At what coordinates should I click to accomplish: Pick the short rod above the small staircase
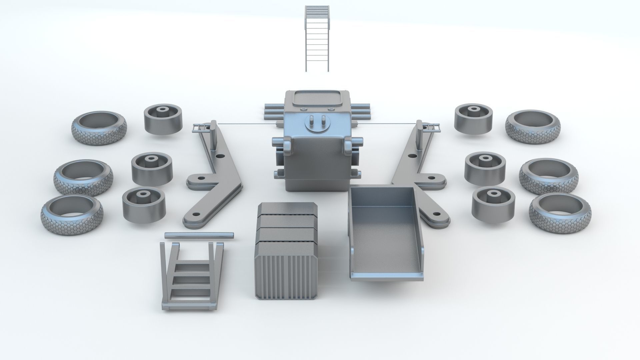(x=199, y=235)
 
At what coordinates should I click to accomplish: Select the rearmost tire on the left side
(x=99, y=127)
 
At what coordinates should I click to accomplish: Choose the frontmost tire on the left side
(x=72, y=214)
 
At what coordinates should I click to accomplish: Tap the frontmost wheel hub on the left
(x=144, y=204)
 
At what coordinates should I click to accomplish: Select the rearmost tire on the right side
(x=533, y=127)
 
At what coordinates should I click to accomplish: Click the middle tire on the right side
(x=549, y=176)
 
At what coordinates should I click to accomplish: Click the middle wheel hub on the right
(x=485, y=168)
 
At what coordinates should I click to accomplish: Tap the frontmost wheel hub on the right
(x=493, y=203)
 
